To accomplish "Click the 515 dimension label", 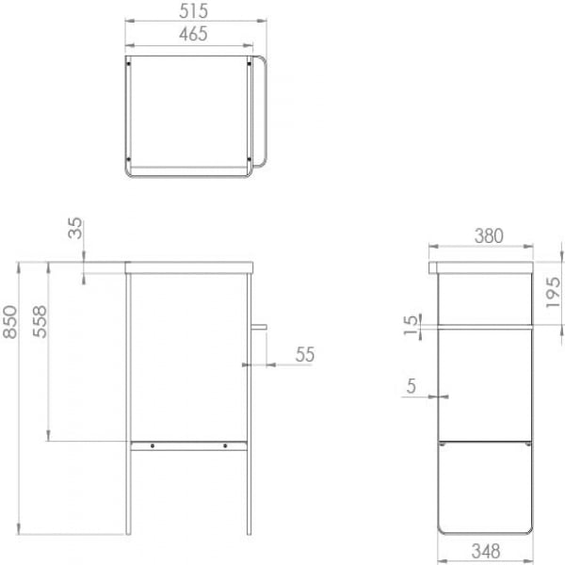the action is [193, 10].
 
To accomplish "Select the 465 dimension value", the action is [193, 34].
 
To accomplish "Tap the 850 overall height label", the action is [10, 322].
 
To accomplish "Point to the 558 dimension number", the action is [40, 321].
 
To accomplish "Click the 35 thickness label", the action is [75, 228].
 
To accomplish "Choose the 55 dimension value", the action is [305, 355].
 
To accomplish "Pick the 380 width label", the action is [489, 236].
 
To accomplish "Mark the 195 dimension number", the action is [554, 292].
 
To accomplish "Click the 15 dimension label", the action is [412, 325].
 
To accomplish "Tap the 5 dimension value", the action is [412, 386].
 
